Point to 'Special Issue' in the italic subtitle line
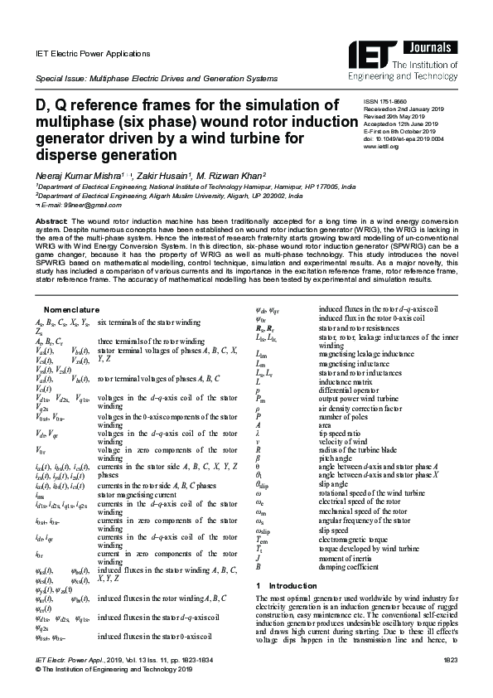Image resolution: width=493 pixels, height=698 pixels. click(x=60, y=79)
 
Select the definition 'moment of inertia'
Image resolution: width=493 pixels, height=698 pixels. click(x=346, y=560)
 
